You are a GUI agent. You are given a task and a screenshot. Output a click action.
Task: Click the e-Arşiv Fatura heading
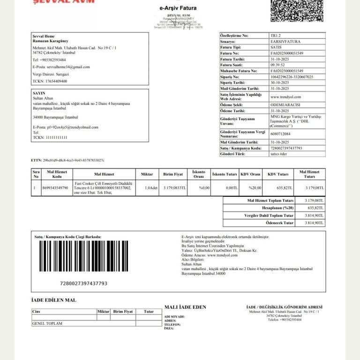click(178, 8)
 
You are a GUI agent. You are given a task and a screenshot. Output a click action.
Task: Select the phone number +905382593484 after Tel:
click(52, 60)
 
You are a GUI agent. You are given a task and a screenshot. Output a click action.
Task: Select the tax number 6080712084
click(280, 134)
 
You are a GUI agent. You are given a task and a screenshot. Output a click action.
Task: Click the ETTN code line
click(68, 160)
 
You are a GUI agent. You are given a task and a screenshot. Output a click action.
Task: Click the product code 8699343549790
click(55, 187)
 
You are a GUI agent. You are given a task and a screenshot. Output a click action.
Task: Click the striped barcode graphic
click(83, 256)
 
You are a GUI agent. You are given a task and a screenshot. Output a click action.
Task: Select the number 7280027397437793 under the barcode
click(84, 284)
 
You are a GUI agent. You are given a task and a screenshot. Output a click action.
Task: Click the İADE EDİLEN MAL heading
click(53, 300)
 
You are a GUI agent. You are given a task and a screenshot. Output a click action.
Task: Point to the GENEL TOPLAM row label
click(47, 323)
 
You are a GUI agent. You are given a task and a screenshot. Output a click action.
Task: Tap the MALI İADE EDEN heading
click(185, 307)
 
